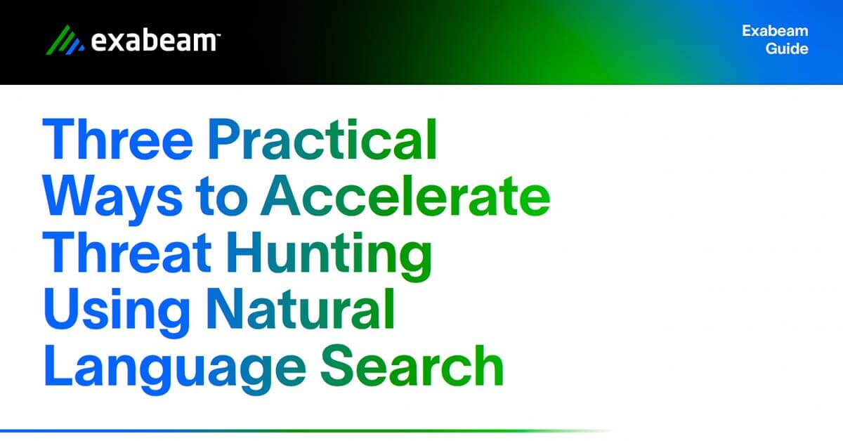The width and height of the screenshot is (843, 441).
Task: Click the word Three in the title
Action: coord(118,139)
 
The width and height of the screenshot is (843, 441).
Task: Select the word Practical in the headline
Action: coord(322,139)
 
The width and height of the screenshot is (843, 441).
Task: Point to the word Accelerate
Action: coord(405,196)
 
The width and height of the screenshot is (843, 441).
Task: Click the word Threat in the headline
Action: coord(127,252)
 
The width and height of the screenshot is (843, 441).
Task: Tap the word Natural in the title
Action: coord(301,309)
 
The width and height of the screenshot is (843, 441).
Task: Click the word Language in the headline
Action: coord(175,369)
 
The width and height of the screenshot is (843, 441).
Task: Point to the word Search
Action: coord(412,365)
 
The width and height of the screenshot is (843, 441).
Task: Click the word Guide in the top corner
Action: coord(787,49)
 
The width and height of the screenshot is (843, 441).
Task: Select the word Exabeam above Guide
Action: coord(775,31)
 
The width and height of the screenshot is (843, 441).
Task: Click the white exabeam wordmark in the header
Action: coord(154,41)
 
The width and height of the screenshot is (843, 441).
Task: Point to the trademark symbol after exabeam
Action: coord(218,34)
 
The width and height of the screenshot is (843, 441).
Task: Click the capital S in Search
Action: coord(337,365)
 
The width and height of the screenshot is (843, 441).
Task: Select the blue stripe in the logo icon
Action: coord(75,46)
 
